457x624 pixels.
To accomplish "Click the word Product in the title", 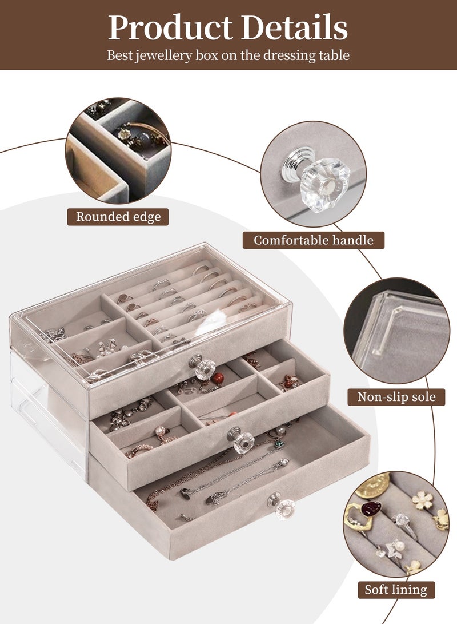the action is pyautogui.click(x=170, y=27).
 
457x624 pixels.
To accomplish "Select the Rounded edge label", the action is pyautogui.click(x=118, y=217).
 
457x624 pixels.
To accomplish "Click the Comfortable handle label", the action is pyautogui.click(x=314, y=240).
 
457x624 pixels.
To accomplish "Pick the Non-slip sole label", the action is pyautogui.click(x=396, y=397).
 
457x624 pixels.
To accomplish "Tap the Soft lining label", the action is pyautogui.click(x=396, y=589).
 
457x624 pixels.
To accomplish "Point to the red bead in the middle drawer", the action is pyautogui.click(x=218, y=379).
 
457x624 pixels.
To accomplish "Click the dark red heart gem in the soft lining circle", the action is pyautogui.click(x=371, y=508).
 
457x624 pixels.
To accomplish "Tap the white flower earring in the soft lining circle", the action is pyautogui.click(x=422, y=500).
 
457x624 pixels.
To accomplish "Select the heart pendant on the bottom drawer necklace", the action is pyautogui.click(x=284, y=463).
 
